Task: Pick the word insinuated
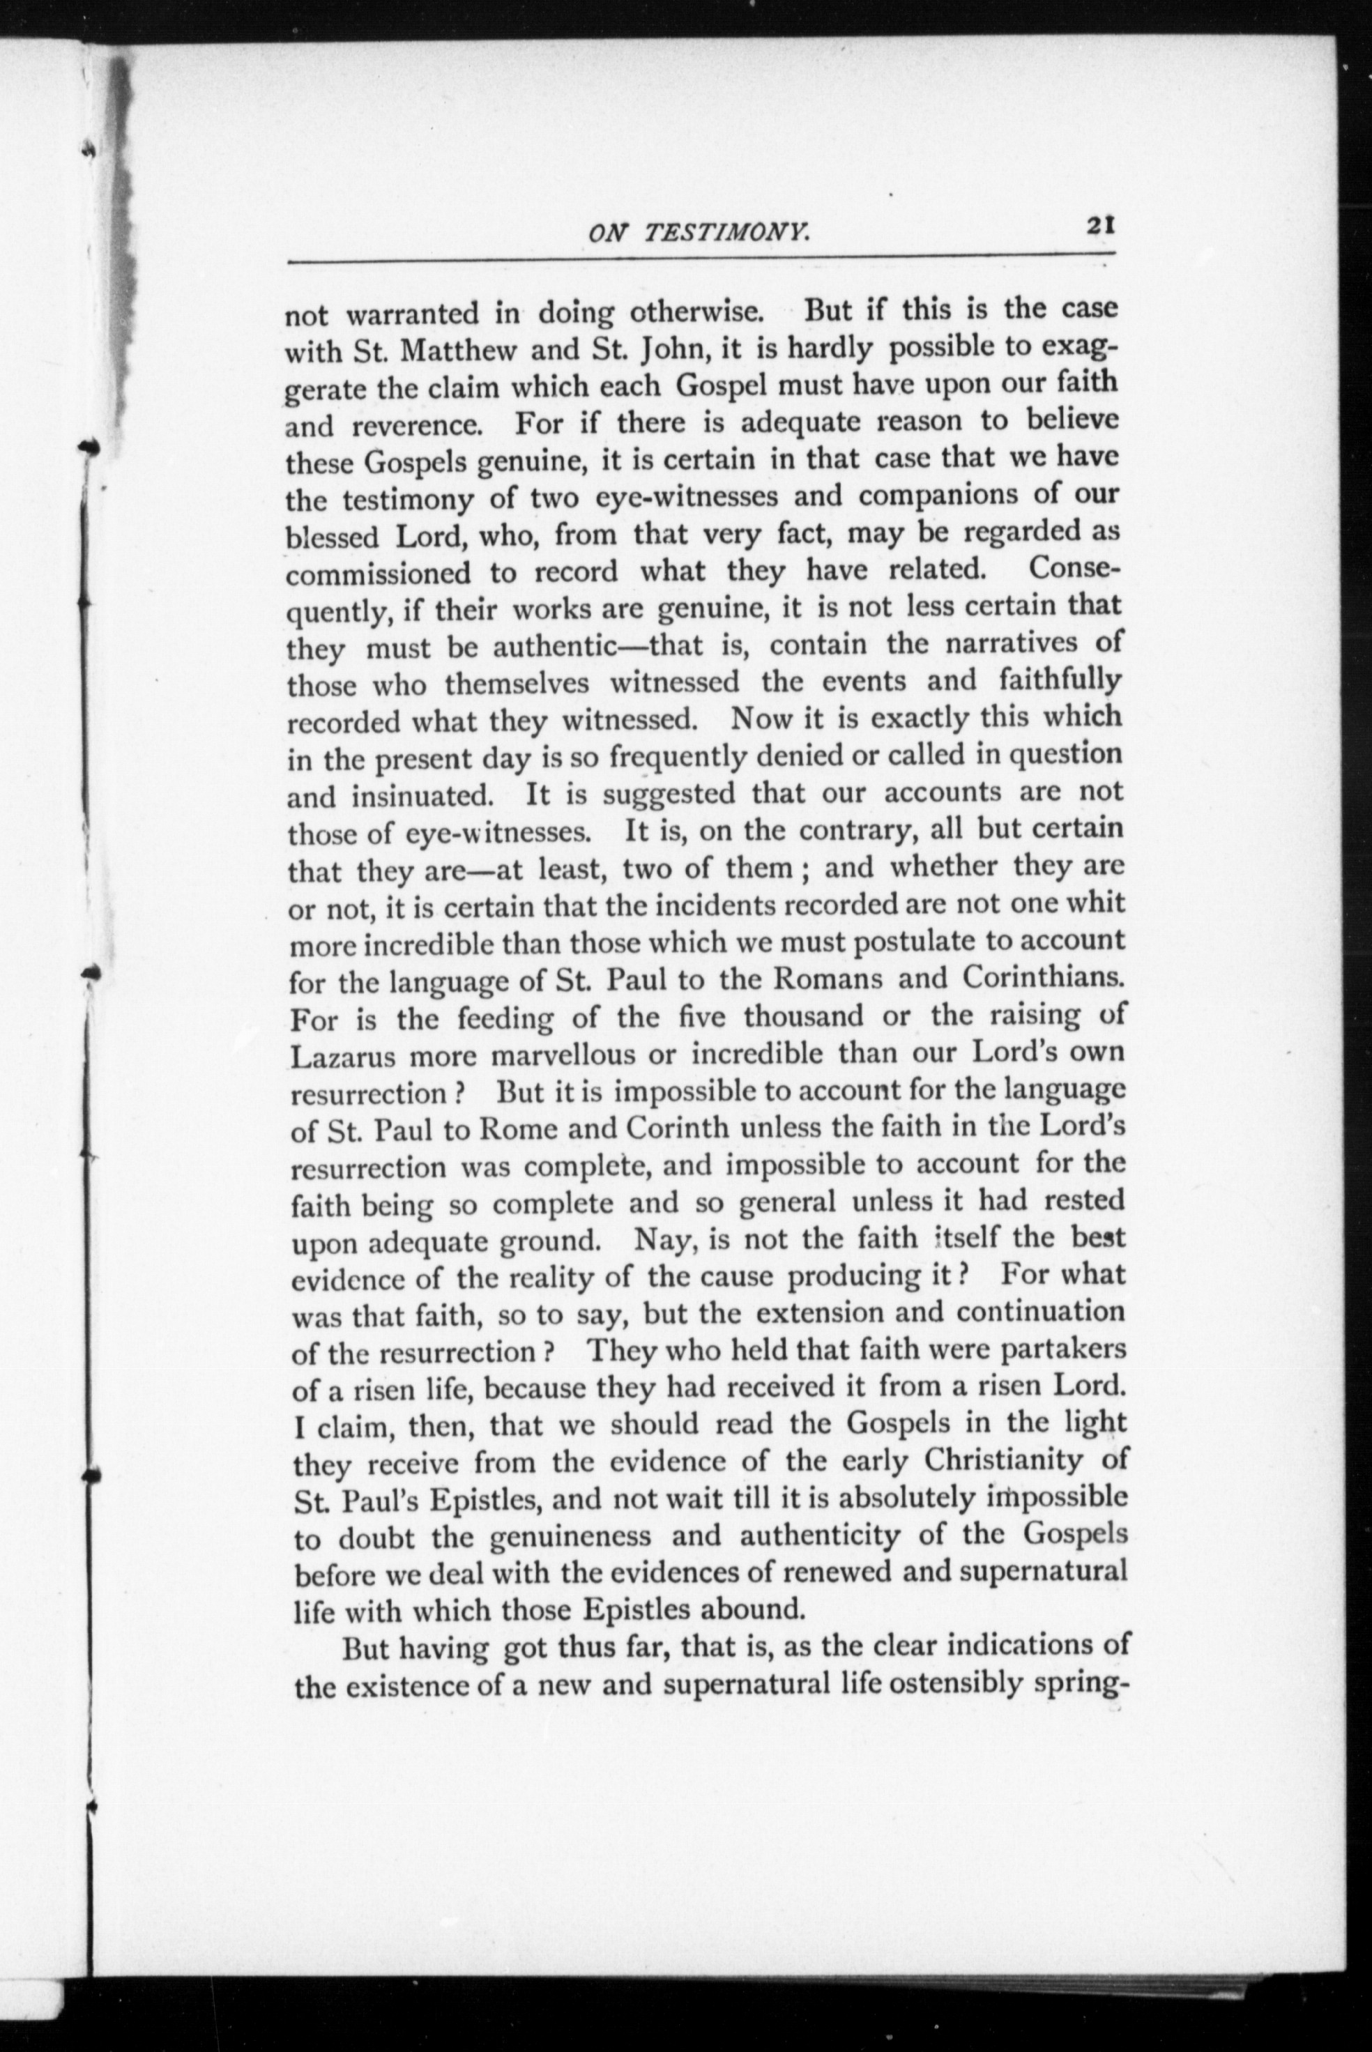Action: coord(422,797)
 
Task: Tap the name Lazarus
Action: coord(343,1056)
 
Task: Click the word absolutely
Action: coord(906,1499)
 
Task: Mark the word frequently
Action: coord(680,758)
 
